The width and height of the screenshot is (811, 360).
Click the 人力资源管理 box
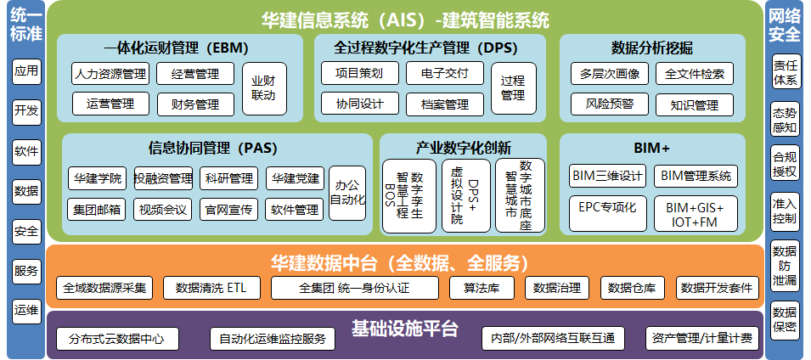click(110, 74)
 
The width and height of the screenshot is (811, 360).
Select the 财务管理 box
click(195, 104)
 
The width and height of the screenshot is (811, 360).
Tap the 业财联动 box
click(264, 88)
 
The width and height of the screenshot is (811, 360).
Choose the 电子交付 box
click(444, 73)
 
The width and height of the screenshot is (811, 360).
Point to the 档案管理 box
click(444, 104)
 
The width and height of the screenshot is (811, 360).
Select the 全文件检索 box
click(695, 74)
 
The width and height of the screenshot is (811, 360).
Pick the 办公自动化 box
click(346, 193)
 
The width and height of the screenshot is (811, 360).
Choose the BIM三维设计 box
click(607, 177)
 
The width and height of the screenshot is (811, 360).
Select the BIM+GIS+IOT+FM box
click(696, 214)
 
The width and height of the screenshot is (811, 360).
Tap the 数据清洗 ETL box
click(211, 288)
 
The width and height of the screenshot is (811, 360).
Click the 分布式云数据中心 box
click(123, 340)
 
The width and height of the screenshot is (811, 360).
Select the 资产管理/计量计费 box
click(701, 340)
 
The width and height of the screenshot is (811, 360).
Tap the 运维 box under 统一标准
click(26, 311)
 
